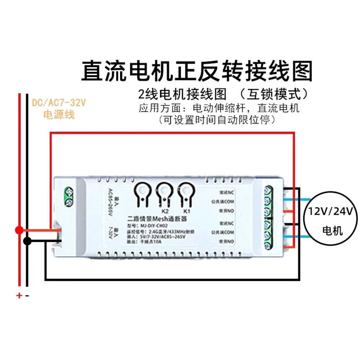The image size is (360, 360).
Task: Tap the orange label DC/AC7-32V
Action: coord(59,103)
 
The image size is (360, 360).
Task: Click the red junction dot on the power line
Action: coord(19,230)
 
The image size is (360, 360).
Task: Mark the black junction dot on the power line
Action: coord(27,241)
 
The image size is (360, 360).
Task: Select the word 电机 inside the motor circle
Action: coord(333,231)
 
